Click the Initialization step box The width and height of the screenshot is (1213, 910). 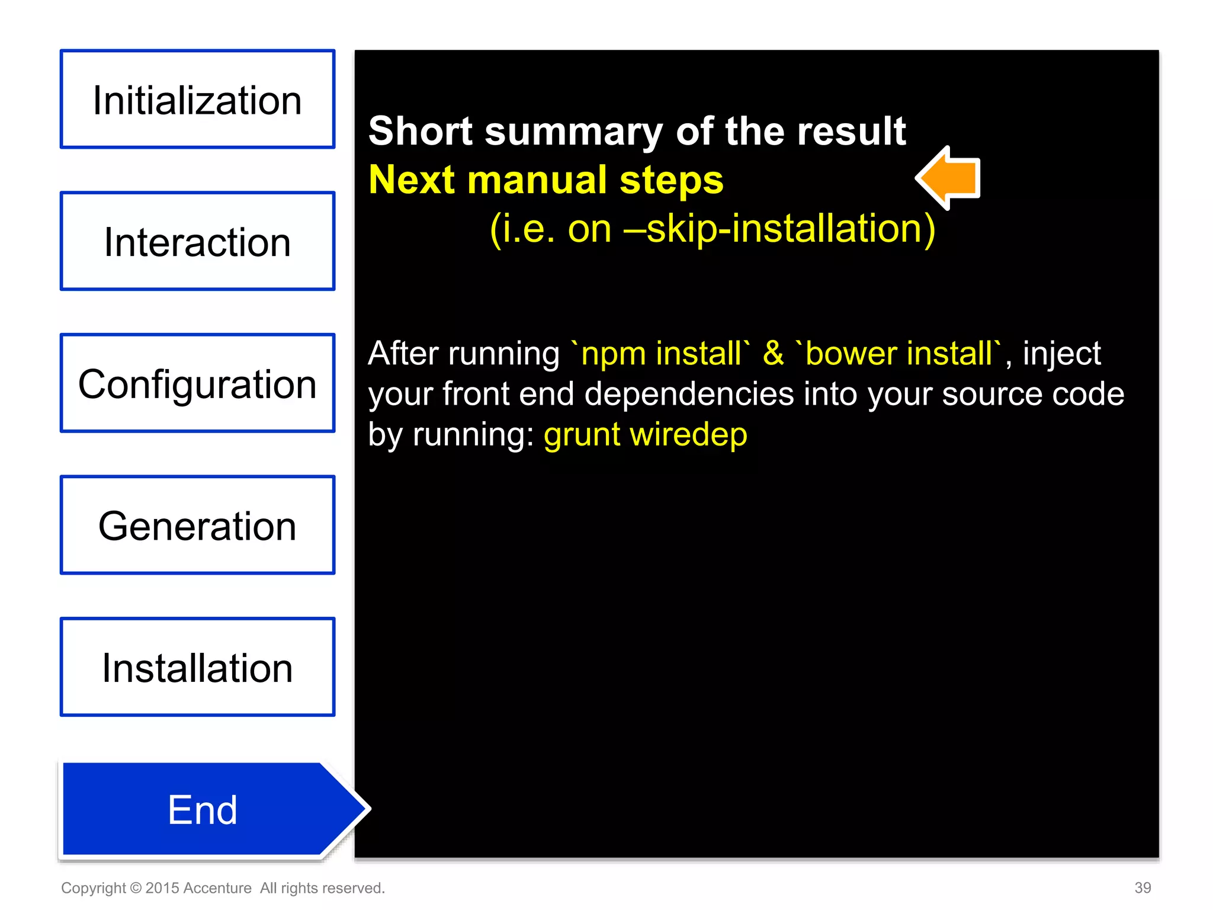[x=197, y=100]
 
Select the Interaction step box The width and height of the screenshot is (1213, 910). [x=197, y=241]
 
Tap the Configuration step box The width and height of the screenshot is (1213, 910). [x=197, y=383]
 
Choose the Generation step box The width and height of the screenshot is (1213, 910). [x=197, y=525]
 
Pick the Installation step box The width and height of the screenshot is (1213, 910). [x=197, y=667]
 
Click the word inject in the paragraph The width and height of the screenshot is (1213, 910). [x=1061, y=354]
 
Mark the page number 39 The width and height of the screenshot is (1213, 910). [x=1143, y=887]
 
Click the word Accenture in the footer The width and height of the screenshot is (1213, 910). [x=217, y=888]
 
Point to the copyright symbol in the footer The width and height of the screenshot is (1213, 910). [x=136, y=888]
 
